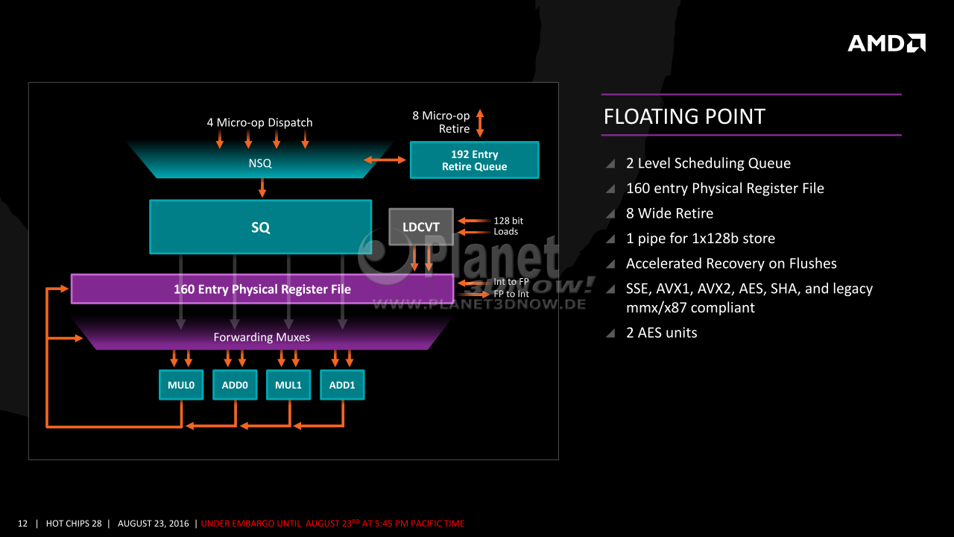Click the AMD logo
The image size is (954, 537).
(886, 43)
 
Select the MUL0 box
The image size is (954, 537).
(181, 385)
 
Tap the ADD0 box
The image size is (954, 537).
(235, 385)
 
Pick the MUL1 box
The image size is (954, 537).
(288, 385)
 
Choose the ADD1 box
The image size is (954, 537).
(342, 385)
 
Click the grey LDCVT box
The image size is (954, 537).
(421, 227)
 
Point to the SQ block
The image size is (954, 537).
(261, 227)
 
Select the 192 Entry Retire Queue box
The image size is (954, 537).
(475, 160)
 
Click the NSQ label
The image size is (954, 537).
(260, 163)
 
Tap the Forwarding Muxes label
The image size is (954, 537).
(262, 337)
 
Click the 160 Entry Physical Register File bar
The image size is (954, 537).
(262, 289)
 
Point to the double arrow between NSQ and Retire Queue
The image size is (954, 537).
(385, 160)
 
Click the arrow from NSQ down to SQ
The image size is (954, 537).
(262, 187)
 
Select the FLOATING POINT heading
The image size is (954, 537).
(684, 116)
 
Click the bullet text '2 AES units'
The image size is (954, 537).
(661, 333)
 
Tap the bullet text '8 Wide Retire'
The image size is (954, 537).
(669, 213)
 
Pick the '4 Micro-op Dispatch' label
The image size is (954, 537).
(260, 123)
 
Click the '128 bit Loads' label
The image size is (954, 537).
(508, 226)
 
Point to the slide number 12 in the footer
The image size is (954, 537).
(22, 524)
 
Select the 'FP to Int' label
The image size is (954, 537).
(511, 294)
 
